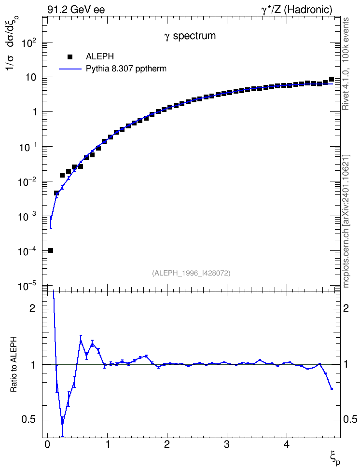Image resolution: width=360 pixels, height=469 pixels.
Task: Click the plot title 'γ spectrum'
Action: point(190,36)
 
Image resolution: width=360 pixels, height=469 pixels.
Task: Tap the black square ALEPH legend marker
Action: point(70,56)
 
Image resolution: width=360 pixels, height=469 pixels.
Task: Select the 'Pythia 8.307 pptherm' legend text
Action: point(126,69)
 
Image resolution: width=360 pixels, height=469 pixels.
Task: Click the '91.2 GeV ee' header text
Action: point(76,10)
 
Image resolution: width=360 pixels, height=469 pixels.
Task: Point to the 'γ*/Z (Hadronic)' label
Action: point(297,10)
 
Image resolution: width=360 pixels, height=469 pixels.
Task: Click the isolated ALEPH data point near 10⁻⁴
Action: point(51,250)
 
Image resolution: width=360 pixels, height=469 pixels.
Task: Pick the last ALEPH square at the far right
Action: point(331,79)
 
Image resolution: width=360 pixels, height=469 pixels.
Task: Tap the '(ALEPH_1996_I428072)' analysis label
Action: point(191,273)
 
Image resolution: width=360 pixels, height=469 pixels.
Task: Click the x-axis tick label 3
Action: point(227,444)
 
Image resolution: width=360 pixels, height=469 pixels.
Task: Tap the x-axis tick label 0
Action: point(47,444)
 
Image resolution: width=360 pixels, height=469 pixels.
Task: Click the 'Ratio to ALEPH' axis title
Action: point(14,364)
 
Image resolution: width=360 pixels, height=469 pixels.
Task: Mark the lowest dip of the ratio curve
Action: point(63,425)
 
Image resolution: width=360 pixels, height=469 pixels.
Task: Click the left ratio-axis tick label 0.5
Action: point(28,420)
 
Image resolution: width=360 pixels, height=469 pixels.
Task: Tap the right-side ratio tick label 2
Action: point(346,308)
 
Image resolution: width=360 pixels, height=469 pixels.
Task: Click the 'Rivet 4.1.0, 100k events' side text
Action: point(346,64)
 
